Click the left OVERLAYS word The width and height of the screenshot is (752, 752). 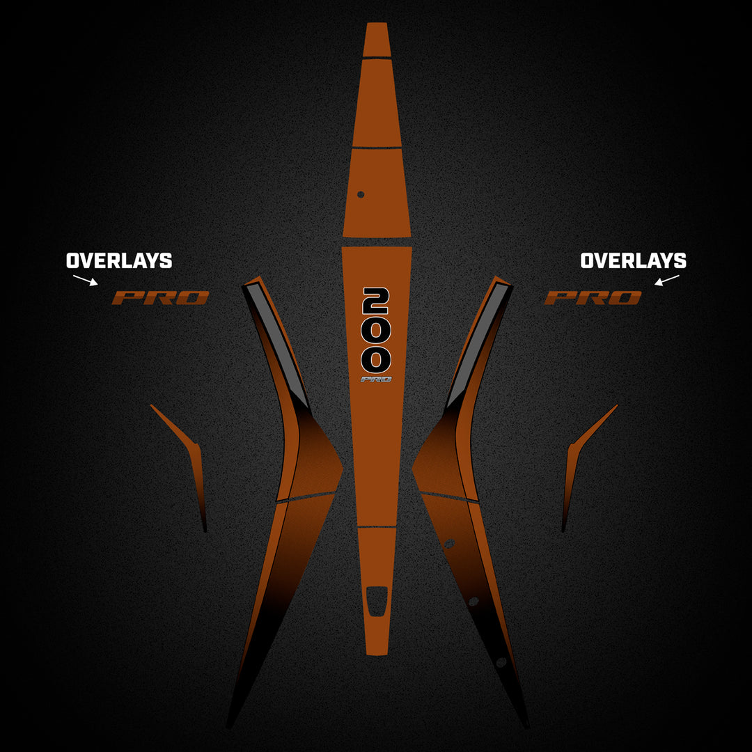coord(119,261)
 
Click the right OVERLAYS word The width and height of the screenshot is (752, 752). coord(633,261)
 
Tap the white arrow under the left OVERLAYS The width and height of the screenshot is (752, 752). coord(86,280)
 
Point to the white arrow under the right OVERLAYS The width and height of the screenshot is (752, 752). coord(667,280)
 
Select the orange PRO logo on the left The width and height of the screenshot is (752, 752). coord(161,298)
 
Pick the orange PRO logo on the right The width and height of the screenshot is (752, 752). coord(593,298)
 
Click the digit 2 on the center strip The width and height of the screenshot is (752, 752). coord(376,301)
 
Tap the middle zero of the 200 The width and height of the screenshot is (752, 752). coord(376,331)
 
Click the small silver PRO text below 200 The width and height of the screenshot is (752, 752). coord(376,379)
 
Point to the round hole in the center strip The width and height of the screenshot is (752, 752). coord(361,194)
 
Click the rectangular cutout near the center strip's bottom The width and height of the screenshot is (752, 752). coord(377,601)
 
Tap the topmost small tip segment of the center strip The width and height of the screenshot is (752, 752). coord(377,39)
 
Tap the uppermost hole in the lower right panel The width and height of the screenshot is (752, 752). coord(449,543)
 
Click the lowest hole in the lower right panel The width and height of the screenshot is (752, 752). coord(501,662)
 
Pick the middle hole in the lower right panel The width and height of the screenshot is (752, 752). coord(474,602)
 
